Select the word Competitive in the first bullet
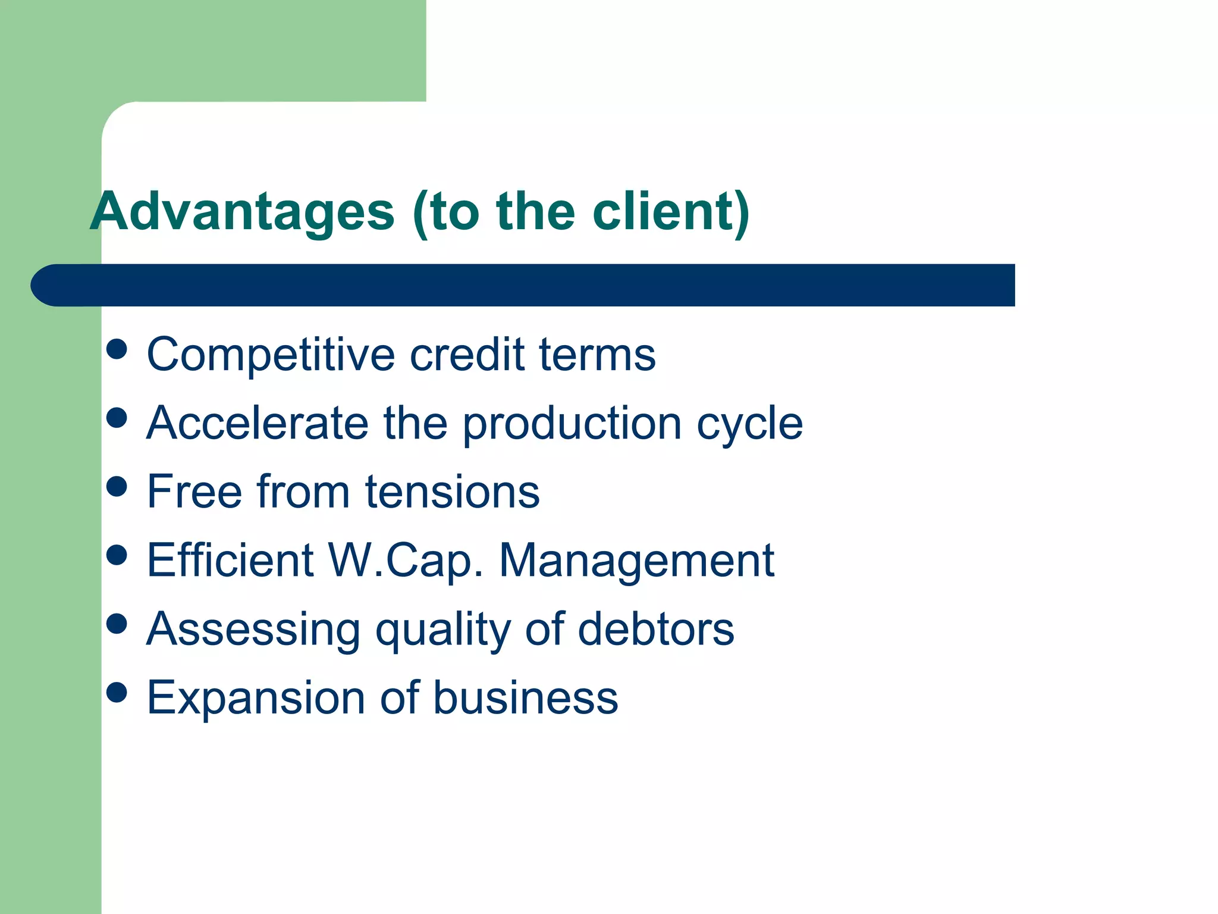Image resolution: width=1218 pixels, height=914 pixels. tap(271, 355)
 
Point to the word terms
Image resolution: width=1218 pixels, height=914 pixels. tap(597, 355)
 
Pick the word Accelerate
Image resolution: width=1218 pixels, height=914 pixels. tap(257, 423)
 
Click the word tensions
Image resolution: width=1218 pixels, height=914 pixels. tap(452, 493)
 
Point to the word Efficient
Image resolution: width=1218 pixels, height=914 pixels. tap(230, 560)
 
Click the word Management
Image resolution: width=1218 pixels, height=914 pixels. tap(636, 561)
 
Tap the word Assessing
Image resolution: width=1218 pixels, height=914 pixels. tap(253, 630)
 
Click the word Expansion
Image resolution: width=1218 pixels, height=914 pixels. tap(256, 698)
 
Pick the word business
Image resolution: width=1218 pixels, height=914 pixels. tap(526, 697)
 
